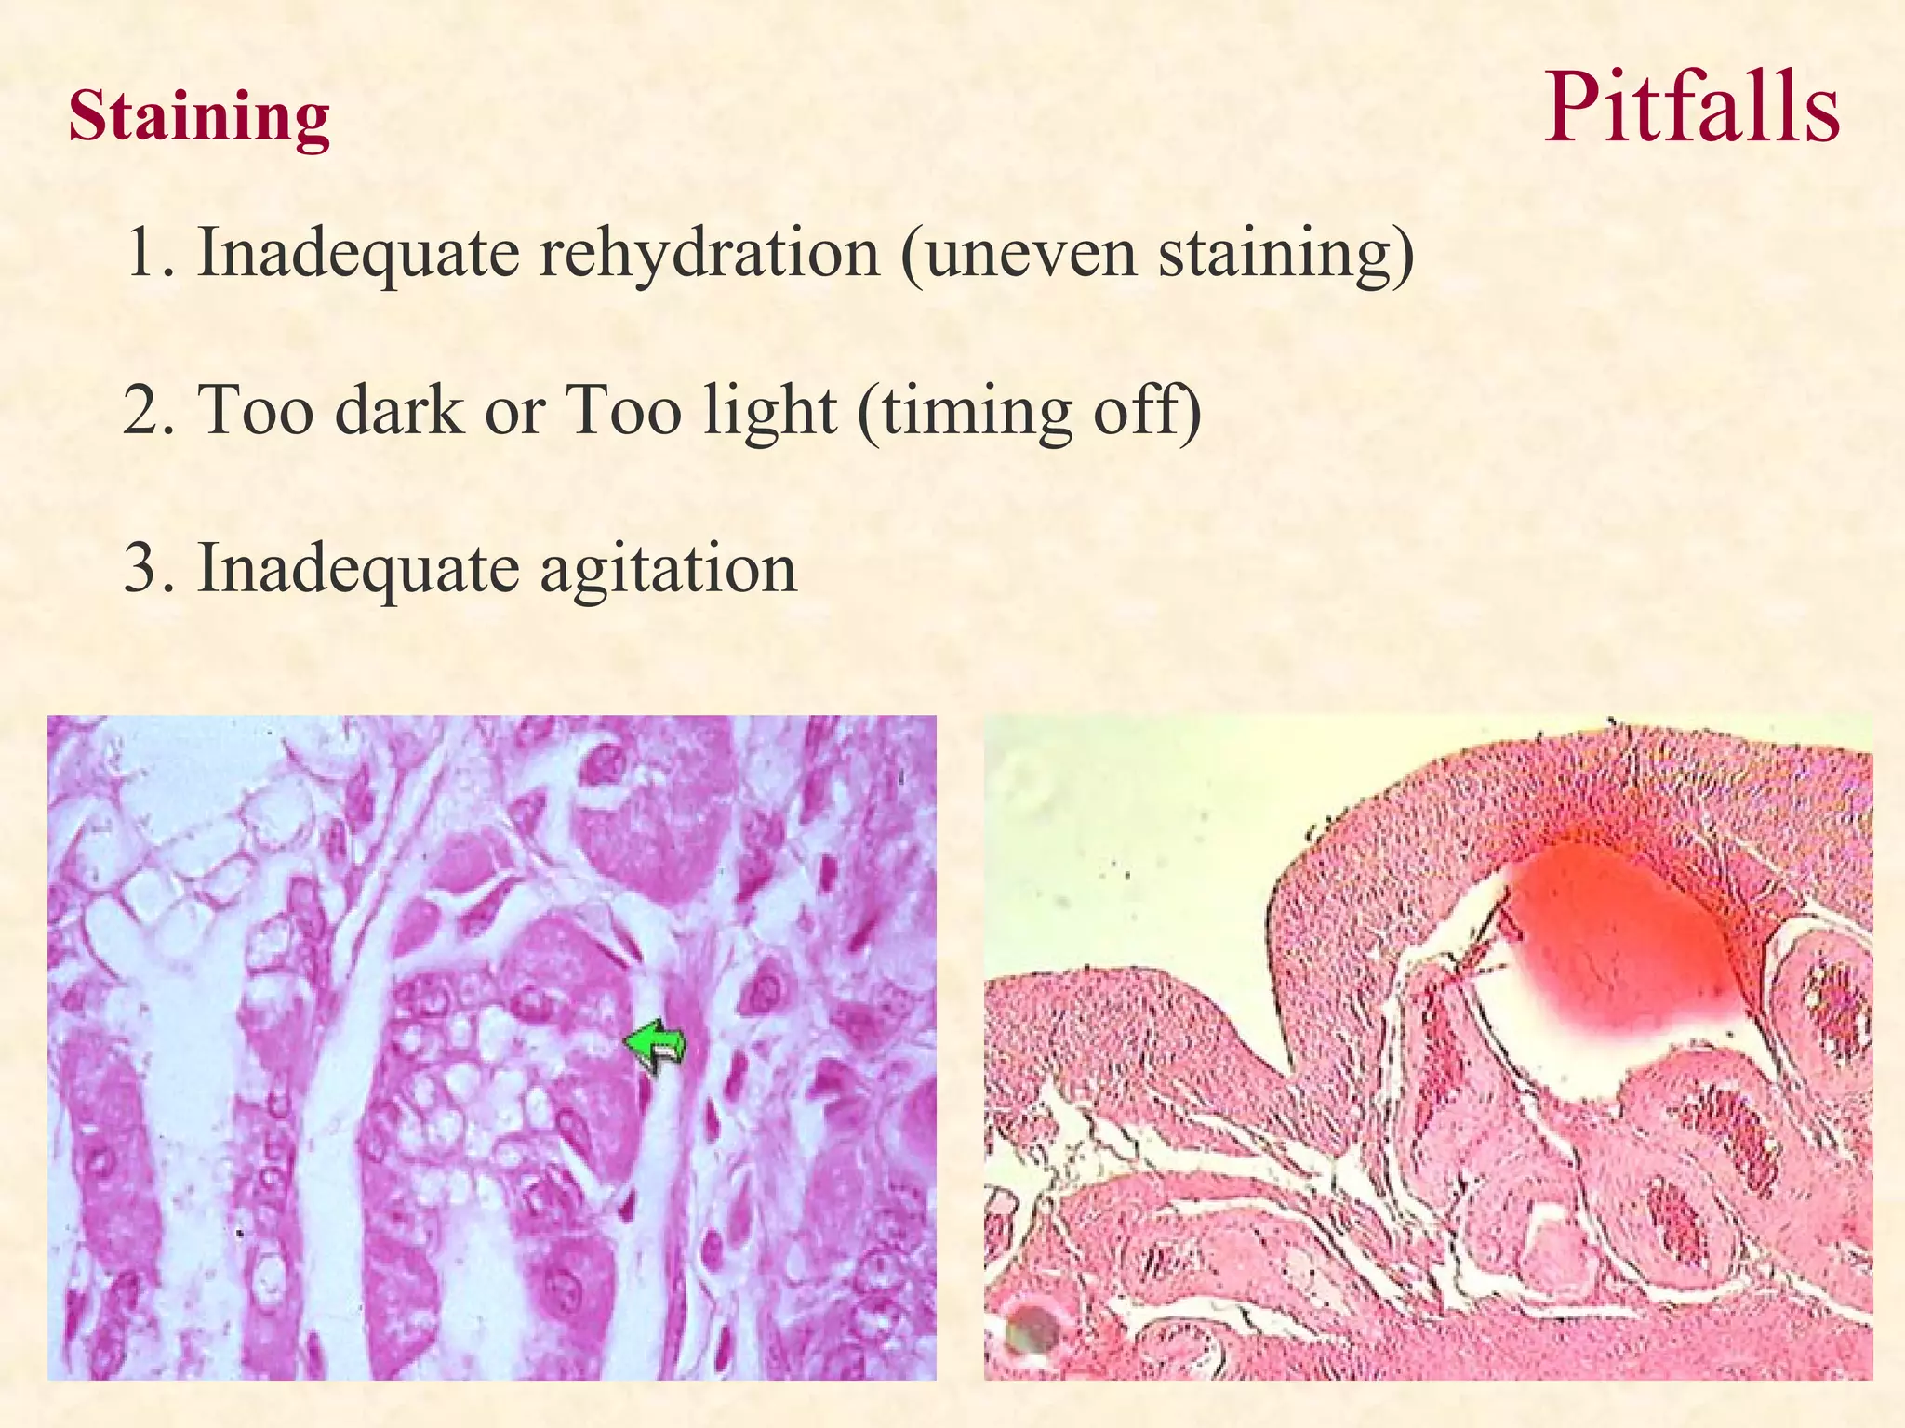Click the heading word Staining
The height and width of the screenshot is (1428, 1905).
point(199,117)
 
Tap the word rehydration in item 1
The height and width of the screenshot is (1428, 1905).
point(709,253)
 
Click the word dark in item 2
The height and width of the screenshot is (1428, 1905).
point(398,410)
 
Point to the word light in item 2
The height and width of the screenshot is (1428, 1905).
point(768,410)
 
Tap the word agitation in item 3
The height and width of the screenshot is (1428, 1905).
point(668,568)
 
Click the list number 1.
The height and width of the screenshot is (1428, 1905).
point(147,253)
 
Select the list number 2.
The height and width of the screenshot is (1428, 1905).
point(147,410)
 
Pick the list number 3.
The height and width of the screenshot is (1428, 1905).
point(147,568)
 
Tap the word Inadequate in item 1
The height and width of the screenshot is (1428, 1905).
point(358,253)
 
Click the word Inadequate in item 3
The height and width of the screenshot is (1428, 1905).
point(358,568)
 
